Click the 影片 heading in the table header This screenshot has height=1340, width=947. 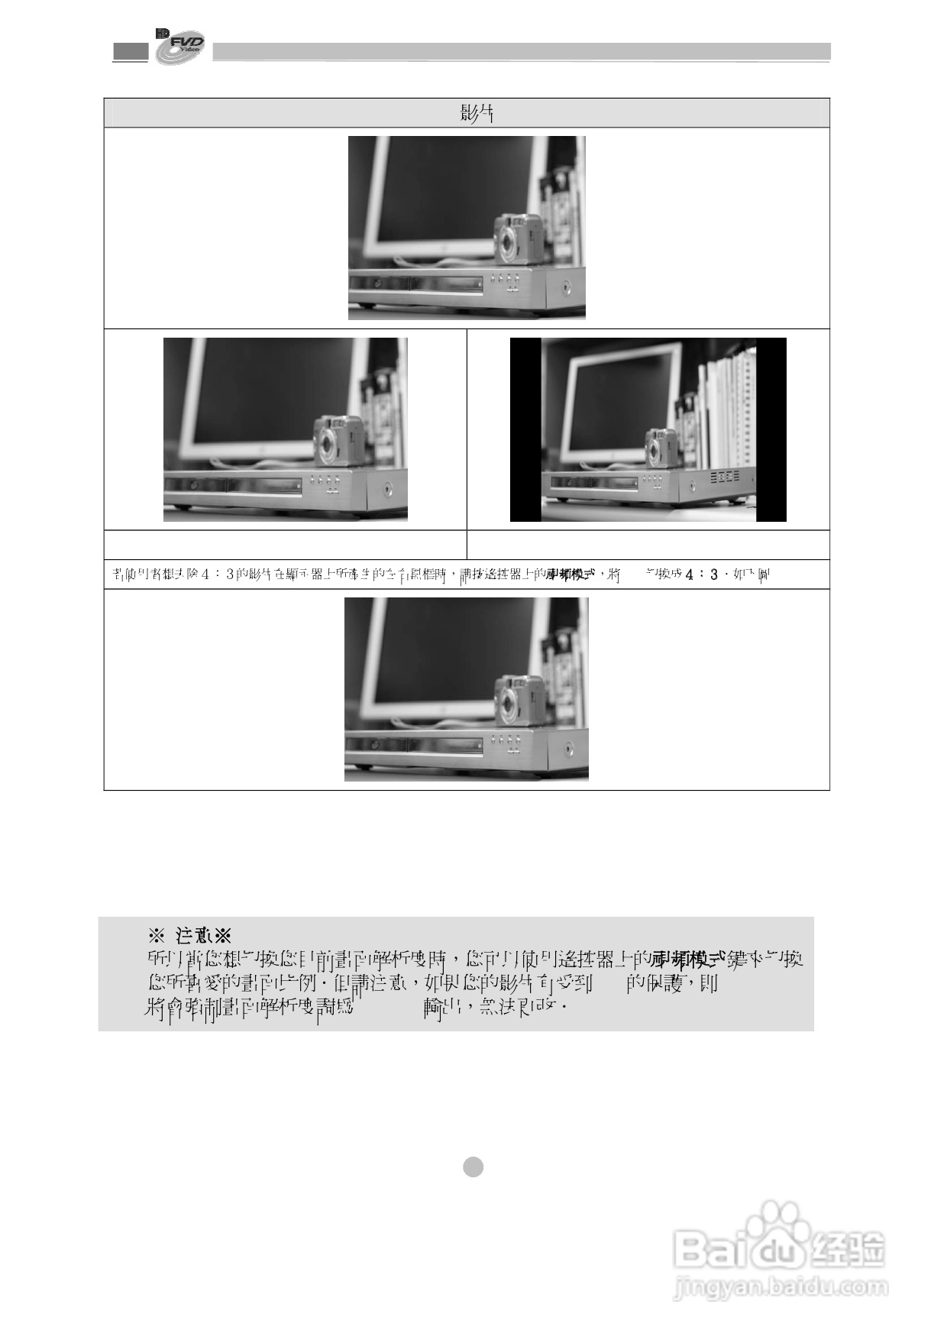pos(476,113)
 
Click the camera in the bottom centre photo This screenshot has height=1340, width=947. pos(520,699)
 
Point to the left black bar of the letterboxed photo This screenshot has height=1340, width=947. pos(525,430)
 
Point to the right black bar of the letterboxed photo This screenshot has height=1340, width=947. pos(771,430)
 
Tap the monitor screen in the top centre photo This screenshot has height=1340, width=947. pos(451,191)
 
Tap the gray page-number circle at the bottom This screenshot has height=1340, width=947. pos(473,1167)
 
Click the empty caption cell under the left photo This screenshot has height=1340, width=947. pos(285,545)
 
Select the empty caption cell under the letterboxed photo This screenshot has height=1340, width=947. pos(648,545)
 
